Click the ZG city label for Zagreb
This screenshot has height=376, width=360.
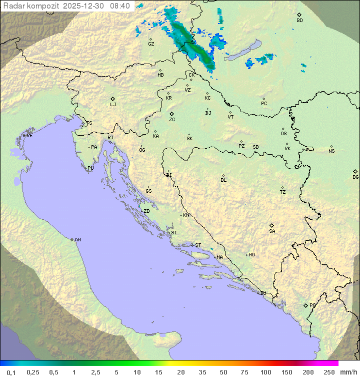pyautogui.click(x=172, y=120)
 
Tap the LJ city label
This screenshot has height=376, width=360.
pyautogui.click(x=113, y=105)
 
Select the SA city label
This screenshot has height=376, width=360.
pyautogui.click(x=272, y=231)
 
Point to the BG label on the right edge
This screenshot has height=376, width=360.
pyautogui.click(x=355, y=177)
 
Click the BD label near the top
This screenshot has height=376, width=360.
pyautogui.click(x=299, y=21)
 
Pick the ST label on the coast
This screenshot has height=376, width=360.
pyautogui.click(x=198, y=245)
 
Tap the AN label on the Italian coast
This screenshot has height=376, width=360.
pyautogui.click(x=77, y=240)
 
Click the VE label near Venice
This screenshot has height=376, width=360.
pyautogui.click(x=29, y=136)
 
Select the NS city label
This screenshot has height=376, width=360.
pyautogui.click(x=331, y=151)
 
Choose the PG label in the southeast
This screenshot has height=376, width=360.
pyautogui.click(x=312, y=305)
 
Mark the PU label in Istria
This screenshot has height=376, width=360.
pyautogui.click(x=90, y=168)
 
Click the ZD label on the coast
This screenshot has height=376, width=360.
pyautogui.click(x=146, y=211)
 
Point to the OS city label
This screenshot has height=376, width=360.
pyautogui.click(x=283, y=134)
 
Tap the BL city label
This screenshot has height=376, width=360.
pyautogui.click(x=223, y=180)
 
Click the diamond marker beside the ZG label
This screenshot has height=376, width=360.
pyautogui.click(x=172, y=114)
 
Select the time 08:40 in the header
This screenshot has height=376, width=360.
pyautogui.click(x=119, y=6)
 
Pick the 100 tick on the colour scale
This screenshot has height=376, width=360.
pyautogui.click(x=265, y=372)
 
